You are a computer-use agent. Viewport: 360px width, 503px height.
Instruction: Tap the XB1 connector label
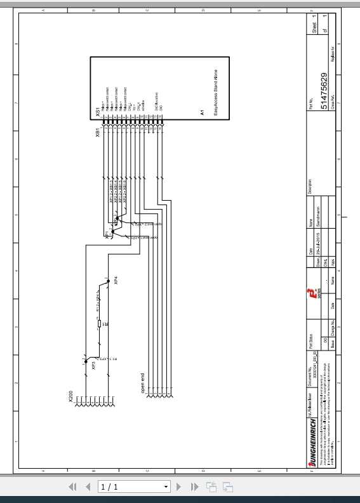point(97,132)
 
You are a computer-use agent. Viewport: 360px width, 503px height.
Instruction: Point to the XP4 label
point(116,279)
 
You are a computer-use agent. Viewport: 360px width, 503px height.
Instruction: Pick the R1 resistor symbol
point(100,325)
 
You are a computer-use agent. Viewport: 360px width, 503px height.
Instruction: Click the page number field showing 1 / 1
point(134,486)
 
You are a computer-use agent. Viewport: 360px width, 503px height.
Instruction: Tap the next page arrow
point(179,486)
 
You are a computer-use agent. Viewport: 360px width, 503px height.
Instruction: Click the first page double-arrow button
point(72,486)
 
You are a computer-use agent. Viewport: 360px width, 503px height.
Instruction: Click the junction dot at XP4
point(108,280)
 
